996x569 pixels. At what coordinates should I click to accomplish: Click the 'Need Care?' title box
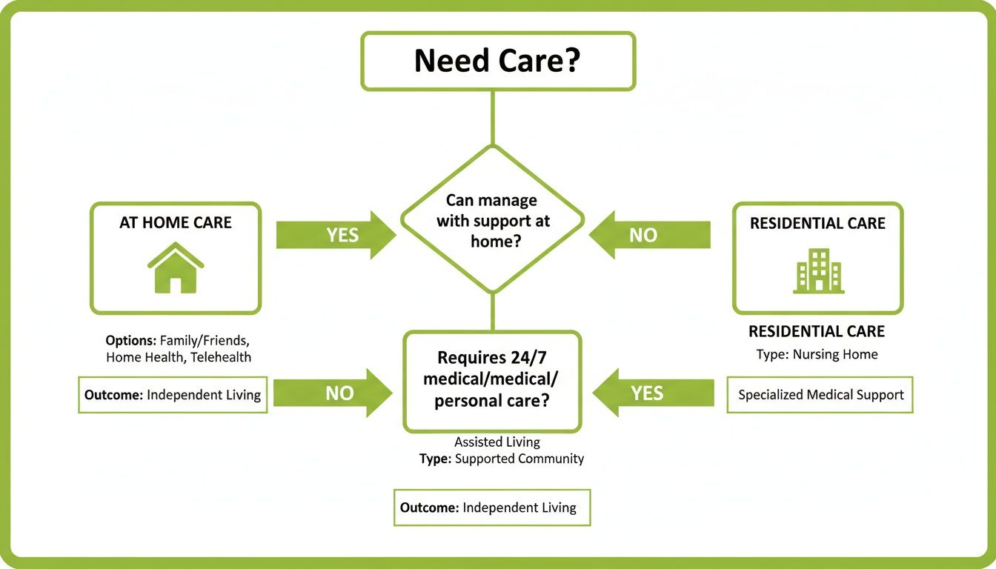[x=497, y=61]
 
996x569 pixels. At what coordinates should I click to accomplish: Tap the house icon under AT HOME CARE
[x=176, y=267]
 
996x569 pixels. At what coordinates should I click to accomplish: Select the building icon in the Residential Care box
[x=818, y=270]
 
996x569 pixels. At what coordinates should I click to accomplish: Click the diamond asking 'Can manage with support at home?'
[x=492, y=220]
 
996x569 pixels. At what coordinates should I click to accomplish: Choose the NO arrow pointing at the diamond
[x=650, y=235]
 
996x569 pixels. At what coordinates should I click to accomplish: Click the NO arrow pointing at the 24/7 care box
[x=333, y=393]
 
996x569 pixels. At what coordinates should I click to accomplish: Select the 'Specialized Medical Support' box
[x=820, y=395]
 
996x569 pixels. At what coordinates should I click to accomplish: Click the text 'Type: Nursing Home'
[x=817, y=354]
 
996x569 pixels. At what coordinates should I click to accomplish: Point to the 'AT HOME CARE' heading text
[x=176, y=223]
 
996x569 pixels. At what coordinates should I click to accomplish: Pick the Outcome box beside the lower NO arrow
[x=173, y=395]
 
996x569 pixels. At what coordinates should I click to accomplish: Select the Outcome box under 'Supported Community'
[x=491, y=508]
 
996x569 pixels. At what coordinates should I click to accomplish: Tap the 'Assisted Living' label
[x=497, y=442]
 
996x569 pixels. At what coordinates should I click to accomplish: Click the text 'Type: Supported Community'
[x=501, y=459]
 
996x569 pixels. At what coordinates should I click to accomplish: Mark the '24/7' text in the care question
[x=528, y=358]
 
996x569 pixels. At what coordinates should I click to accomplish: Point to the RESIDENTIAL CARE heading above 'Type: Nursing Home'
[x=816, y=331]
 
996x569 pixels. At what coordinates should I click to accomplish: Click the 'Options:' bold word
[x=130, y=341]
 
